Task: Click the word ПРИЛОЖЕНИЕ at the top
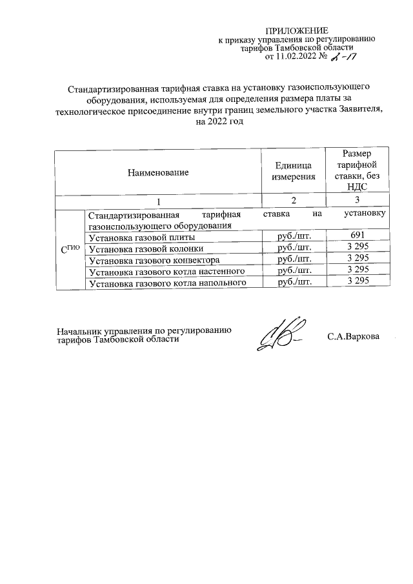tap(297, 31)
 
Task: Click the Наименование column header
tap(158, 172)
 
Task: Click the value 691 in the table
tap(357, 236)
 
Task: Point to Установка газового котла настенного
tap(166, 271)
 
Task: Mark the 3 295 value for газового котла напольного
tap(357, 282)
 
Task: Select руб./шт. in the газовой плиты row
tap(294, 236)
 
